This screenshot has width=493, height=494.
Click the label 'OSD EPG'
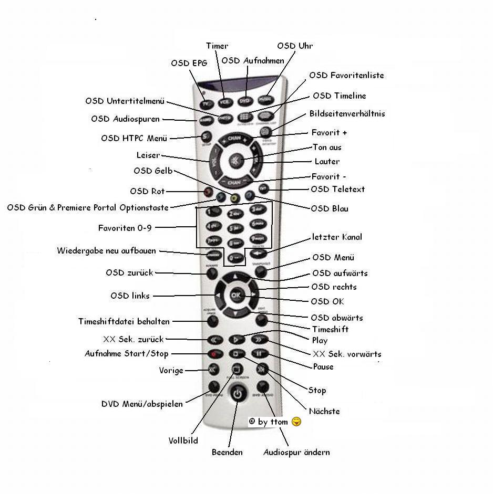(x=189, y=64)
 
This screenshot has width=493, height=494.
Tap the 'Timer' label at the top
(x=217, y=46)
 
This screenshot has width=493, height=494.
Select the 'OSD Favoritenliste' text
(x=346, y=76)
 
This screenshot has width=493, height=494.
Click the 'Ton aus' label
(x=327, y=148)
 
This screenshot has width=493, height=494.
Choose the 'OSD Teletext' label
(x=337, y=190)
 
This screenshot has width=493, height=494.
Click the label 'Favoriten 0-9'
(x=125, y=228)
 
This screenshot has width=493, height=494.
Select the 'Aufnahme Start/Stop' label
(x=127, y=354)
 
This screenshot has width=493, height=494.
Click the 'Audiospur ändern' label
(x=296, y=453)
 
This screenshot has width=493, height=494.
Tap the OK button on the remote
(x=235, y=296)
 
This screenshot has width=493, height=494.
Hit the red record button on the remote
(x=214, y=354)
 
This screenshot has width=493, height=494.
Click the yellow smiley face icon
(x=296, y=422)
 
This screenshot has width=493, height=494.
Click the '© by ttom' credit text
(x=268, y=422)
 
